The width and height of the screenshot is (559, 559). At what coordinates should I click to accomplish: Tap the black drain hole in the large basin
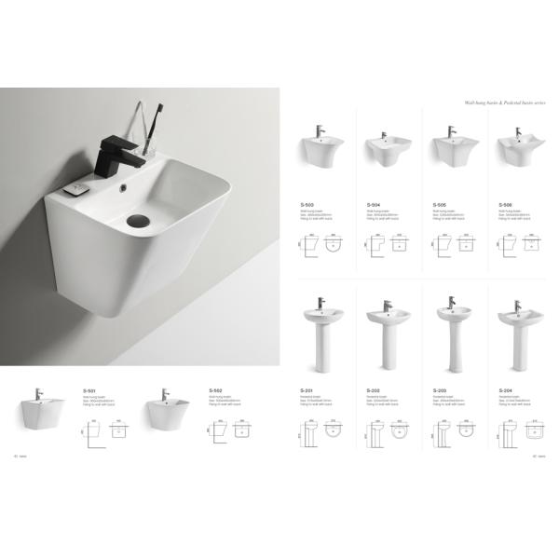137,222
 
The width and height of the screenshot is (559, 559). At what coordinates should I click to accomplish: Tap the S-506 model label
505,204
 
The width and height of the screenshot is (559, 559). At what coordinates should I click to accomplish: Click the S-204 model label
505,390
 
